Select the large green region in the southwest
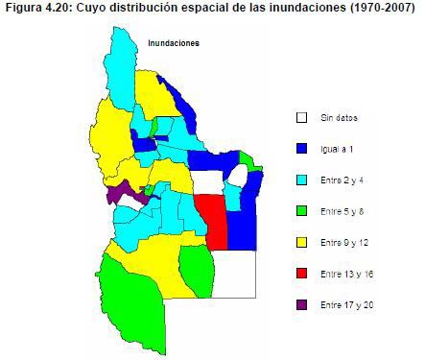(130, 302)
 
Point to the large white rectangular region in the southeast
(234, 273)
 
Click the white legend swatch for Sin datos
(301, 117)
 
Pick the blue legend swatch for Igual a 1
(301, 148)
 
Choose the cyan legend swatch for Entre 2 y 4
(301, 180)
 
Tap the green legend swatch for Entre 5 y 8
(301, 210)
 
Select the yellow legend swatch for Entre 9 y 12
(301, 242)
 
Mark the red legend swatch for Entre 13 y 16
(301, 274)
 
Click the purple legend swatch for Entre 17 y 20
(301, 304)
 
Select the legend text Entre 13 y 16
(345, 274)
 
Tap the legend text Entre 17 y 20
(345, 304)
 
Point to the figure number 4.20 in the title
(55, 9)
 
